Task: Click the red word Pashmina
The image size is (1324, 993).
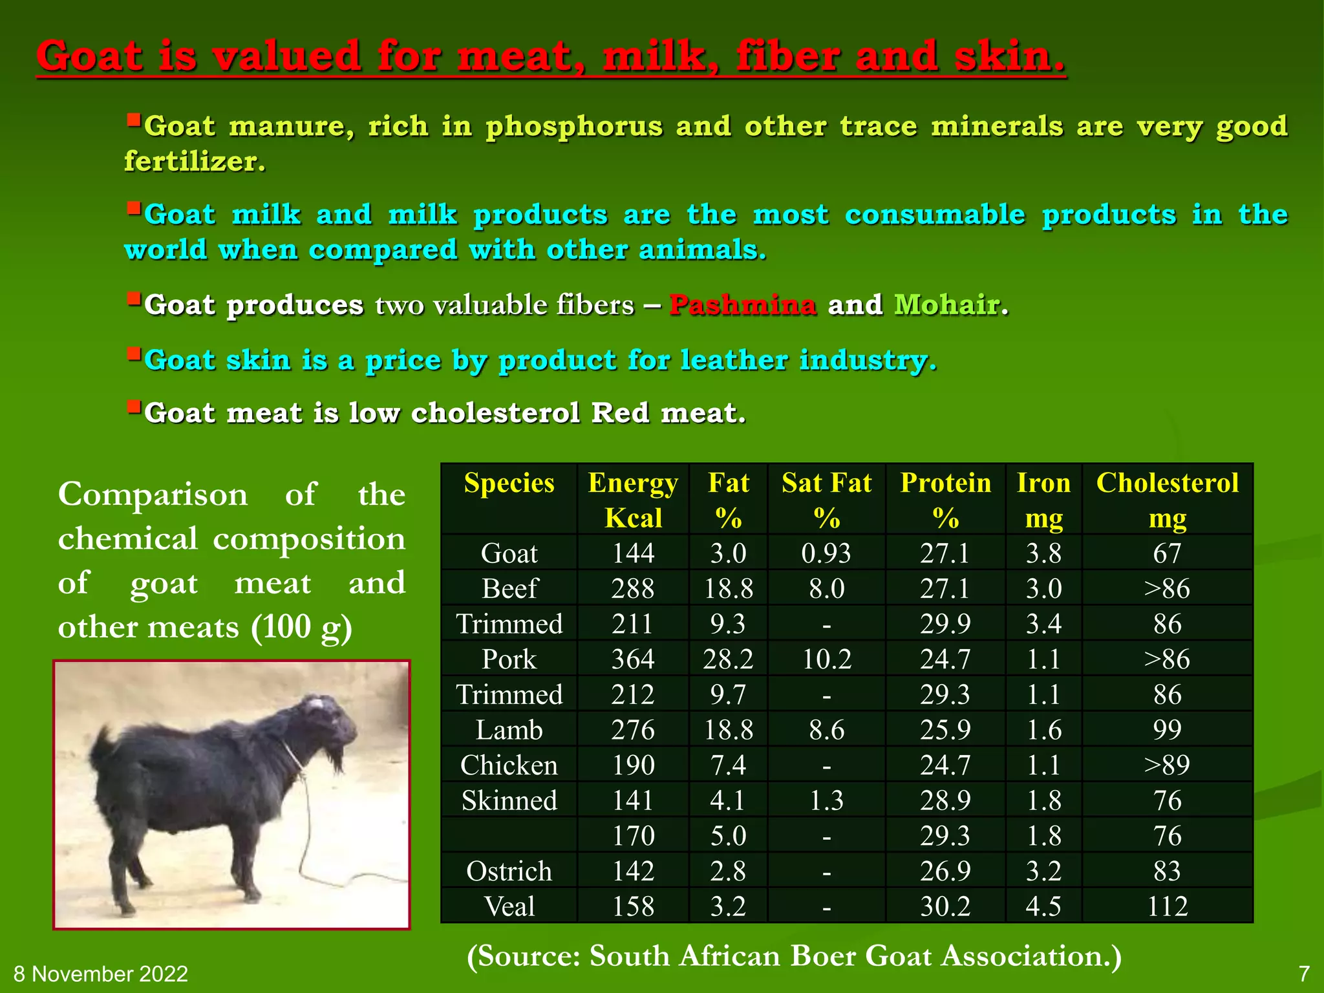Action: click(742, 304)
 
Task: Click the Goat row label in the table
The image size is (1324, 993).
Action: click(509, 553)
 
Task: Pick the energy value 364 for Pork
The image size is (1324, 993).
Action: click(633, 659)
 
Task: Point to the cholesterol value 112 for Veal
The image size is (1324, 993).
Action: click(1167, 906)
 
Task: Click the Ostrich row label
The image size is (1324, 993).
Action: click(509, 871)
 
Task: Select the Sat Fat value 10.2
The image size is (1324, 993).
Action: click(826, 659)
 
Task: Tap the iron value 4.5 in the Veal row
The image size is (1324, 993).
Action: click(1043, 906)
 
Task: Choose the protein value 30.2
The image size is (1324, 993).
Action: click(945, 906)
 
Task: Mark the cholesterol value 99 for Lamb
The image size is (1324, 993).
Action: click(1167, 730)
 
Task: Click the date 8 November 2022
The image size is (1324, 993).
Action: click(101, 974)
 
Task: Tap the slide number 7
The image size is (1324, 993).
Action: click(1304, 974)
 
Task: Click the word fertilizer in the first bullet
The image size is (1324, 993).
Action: click(194, 162)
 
